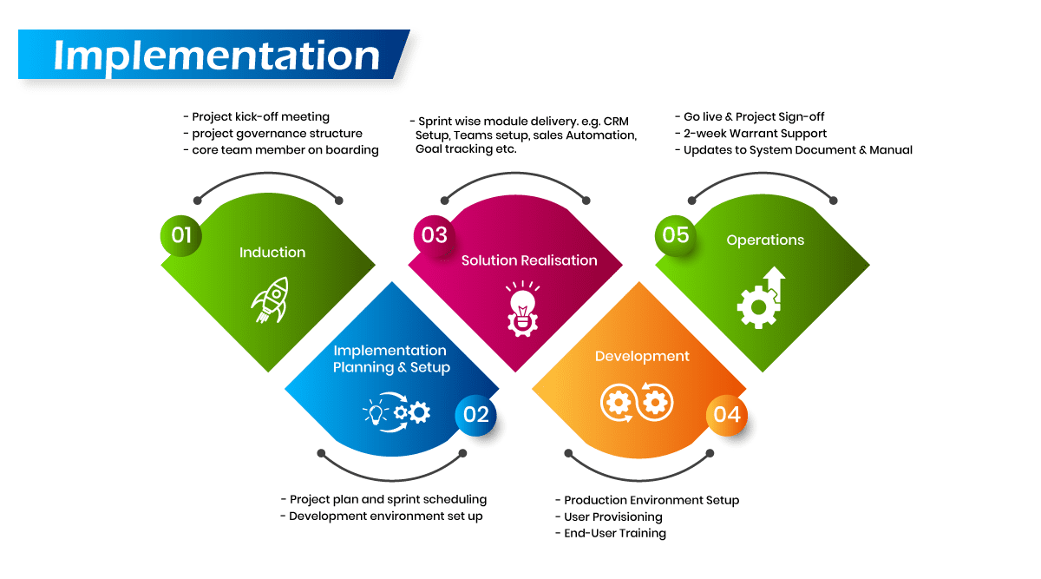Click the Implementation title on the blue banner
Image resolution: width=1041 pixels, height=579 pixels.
pyautogui.click(x=217, y=55)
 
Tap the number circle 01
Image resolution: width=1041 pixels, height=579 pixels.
pyautogui.click(x=181, y=235)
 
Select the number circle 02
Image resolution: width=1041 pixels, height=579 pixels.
pyautogui.click(x=476, y=415)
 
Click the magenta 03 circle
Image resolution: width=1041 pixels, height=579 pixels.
pyautogui.click(x=434, y=235)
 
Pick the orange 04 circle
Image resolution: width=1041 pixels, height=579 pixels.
pyautogui.click(x=727, y=415)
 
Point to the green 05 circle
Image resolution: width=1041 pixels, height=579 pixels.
pyautogui.click(x=676, y=235)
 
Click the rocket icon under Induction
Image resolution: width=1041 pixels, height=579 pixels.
pyautogui.click(x=270, y=300)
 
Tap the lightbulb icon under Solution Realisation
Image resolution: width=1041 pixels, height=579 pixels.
pyautogui.click(x=521, y=307)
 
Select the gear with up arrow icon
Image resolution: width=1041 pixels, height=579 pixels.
pyautogui.click(x=761, y=298)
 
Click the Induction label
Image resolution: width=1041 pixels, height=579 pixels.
pyautogui.click(x=272, y=253)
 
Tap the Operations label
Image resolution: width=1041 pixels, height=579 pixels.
pyautogui.click(x=765, y=240)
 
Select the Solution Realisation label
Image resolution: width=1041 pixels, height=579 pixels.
pyautogui.click(x=529, y=260)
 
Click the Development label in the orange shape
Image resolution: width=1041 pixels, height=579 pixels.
pyautogui.click(x=642, y=357)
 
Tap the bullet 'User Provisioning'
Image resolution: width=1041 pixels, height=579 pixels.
pyautogui.click(x=612, y=516)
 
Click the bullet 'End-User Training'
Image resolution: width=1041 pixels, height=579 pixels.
pyautogui.click(x=614, y=533)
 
